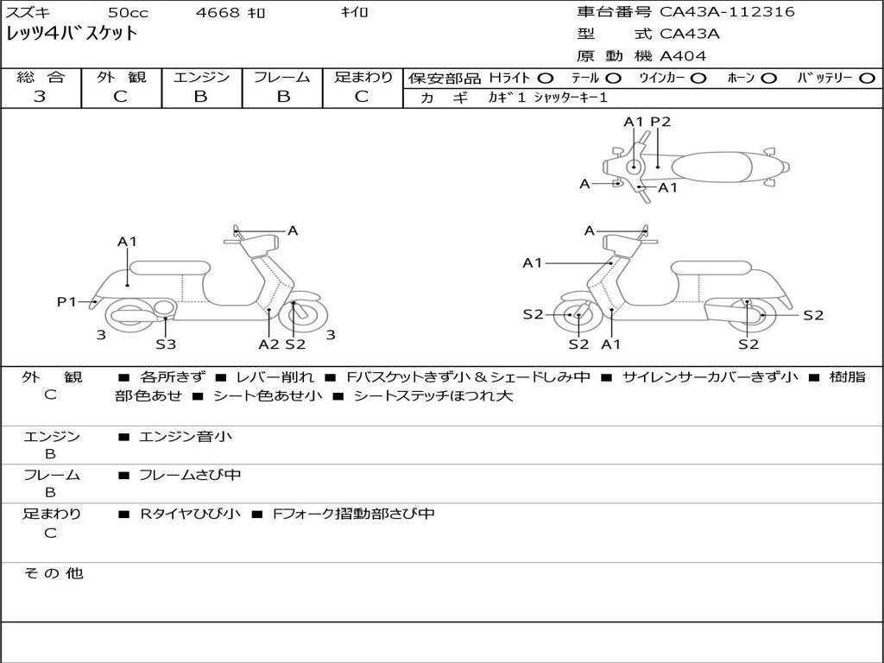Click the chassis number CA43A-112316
tap(727, 12)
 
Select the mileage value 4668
tap(218, 13)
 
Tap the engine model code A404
tap(683, 56)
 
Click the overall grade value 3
tap(40, 97)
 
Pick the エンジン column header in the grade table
tap(201, 78)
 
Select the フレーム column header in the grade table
tap(281, 78)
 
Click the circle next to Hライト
tap(545, 79)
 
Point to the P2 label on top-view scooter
tap(660, 122)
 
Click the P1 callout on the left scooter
tap(66, 301)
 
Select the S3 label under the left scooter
tap(166, 344)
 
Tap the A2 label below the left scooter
tap(268, 344)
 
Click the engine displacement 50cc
tap(127, 13)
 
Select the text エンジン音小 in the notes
tap(186, 437)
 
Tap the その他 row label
tap(53, 573)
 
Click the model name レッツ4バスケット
tap(72, 35)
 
